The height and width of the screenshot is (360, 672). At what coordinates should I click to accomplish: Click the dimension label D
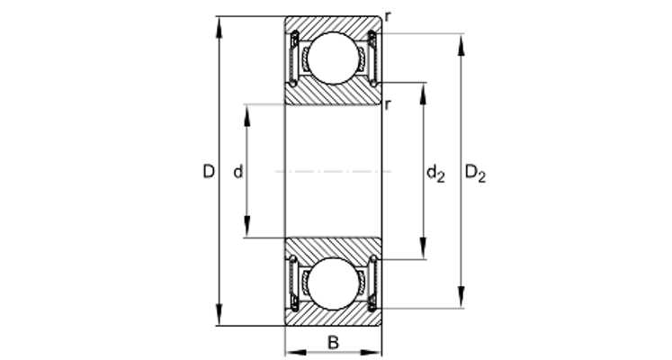tap(209, 172)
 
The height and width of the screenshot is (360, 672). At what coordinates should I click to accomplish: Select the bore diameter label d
tap(238, 172)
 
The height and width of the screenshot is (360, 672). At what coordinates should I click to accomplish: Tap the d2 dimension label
tap(436, 174)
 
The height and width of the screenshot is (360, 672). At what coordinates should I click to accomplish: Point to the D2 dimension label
tap(476, 174)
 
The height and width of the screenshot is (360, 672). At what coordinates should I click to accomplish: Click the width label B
tap(333, 343)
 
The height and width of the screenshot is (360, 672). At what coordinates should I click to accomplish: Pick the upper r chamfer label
tap(388, 17)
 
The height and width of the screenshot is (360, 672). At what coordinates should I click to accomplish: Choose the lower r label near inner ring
tap(388, 104)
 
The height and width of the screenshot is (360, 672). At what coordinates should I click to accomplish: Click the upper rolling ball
tap(333, 58)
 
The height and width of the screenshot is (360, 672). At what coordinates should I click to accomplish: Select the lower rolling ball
tap(333, 283)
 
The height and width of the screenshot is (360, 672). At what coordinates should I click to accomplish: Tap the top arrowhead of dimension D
tap(219, 27)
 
